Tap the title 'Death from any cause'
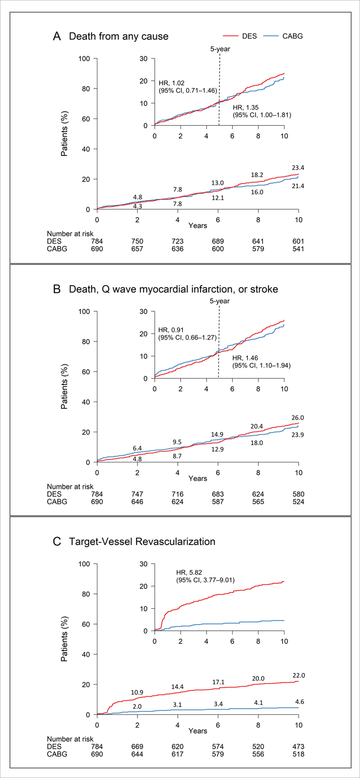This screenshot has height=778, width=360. [x=119, y=36]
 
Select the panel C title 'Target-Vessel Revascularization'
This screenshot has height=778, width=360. [x=142, y=541]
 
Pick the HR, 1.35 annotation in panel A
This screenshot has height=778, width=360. [x=243, y=107]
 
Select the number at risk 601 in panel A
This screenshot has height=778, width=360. [x=298, y=241]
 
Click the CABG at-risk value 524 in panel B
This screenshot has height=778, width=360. [x=298, y=502]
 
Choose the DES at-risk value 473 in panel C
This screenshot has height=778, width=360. [x=298, y=747]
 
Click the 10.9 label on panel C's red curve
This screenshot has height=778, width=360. [x=137, y=693]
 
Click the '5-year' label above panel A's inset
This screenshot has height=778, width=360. [x=220, y=49]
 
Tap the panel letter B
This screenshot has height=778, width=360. [x=56, y=289]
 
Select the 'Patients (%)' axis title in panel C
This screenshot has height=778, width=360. [x=64, y=639]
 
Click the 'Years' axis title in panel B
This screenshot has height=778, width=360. [x=198, y=479]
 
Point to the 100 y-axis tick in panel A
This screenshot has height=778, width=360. [x=85, y=58]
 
